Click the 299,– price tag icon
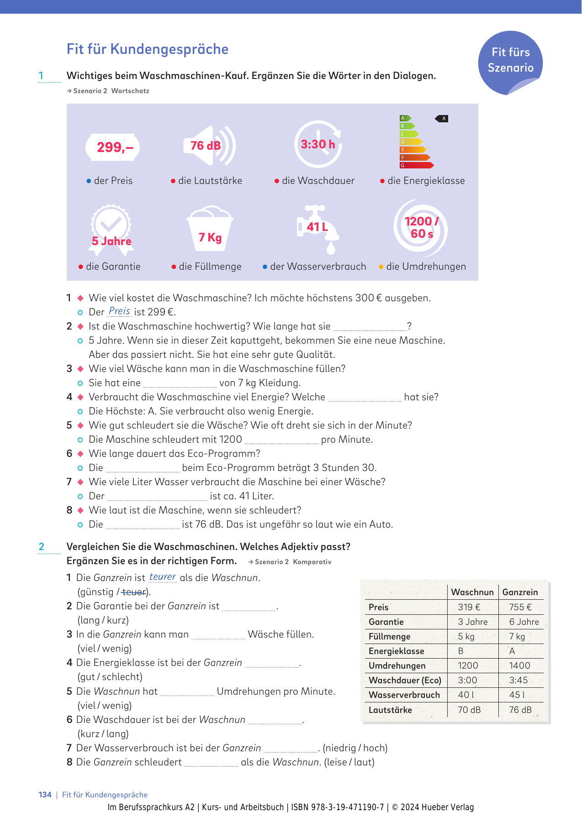[x=112, y=147]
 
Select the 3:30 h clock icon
[x=318, y=144]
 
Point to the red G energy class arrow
[x=416, y=165]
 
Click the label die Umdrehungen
[x=426, y=267]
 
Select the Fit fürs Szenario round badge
[x=510, y=62]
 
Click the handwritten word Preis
[x=120, y=311]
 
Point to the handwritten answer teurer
[x=163, y=577]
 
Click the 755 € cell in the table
[x=520, y=607]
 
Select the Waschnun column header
[x=472, y=592]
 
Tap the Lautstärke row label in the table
[x=390, y=710]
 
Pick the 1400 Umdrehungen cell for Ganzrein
[x=520, y=665]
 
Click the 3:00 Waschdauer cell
[x=467, y=680]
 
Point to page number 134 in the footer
[x=45, y=795]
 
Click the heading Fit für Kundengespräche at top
[x=148, y=49]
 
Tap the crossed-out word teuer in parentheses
[x=134, y=592]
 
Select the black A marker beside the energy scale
[x=442, y=119]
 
